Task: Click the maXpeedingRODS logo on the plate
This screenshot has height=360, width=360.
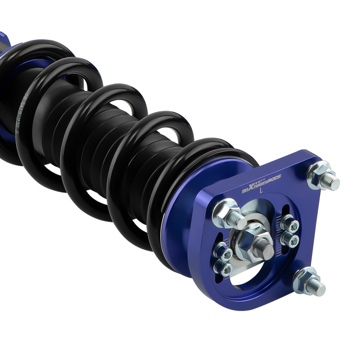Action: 261,184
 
